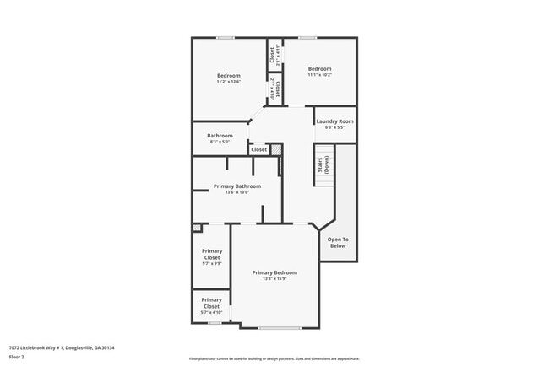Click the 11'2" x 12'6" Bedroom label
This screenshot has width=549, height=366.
(x=228, y=78)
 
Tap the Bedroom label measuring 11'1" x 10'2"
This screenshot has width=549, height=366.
(x=319, y=72)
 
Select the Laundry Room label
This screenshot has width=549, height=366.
(x=334, y=124)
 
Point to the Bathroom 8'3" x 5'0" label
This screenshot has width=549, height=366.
(x=220, y=138)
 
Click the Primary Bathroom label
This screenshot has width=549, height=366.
(x=236, y=189)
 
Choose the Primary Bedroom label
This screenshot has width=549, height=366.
(x=274, y=276)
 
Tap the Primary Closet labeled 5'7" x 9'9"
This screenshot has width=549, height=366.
(x=211, y=256)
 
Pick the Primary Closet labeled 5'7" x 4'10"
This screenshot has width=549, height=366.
(x=211, y=305)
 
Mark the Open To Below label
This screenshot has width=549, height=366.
(x=338, y=242)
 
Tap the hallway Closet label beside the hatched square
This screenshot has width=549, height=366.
(x=258, y=149)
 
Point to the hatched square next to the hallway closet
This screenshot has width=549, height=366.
(x=274, y=149)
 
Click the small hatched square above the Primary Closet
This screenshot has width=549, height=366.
(x=197, y=227)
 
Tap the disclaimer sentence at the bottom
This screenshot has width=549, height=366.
(x=274, y=358)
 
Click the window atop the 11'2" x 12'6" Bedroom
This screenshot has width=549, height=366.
(x=226, y=37)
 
